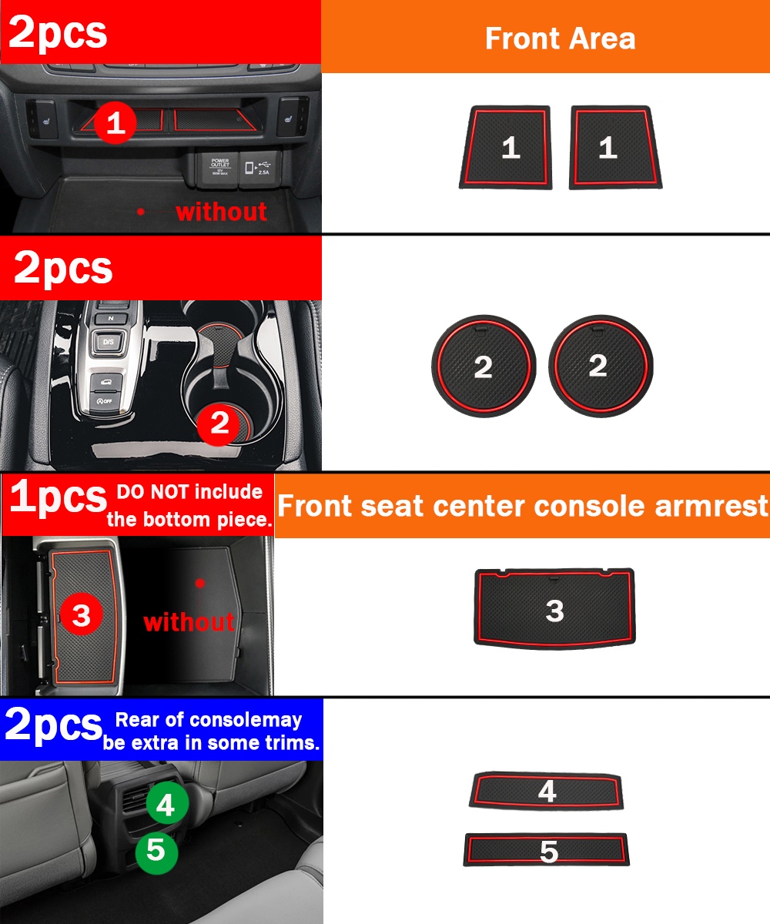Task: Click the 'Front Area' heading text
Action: pyautogui.click(x=560, y=38)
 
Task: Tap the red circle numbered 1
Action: pyautogui.click(x=115, y=122)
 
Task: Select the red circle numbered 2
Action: pyautogui.click(x=219, y=424)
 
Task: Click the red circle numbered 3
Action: pyautogui.click(x=82, y=614)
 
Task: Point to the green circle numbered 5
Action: pyautogui.click(x=156, y=851)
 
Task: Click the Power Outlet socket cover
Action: pyautogui.click(x=220, y=168)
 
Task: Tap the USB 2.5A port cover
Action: pyautogui.click(x=259, y=168)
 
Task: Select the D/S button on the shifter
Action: pyautogui.click(x=109, y=342)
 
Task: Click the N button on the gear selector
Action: pyautogui.click(x=111, y=318)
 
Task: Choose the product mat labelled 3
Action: pyautogui.click(x=554, y=608)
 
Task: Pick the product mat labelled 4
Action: pyautogui.click(x=546, y=791)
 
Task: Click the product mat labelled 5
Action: pyautogui.click(x=547, y=849)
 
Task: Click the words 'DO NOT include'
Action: pyautogui.click(x=189, y=492)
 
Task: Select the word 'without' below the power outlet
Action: pyautogui.click(x=221, y=212)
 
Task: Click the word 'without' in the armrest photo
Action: pyautogui.click(x=189, y=621)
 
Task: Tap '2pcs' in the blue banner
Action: pyautogui.click(x=53, y=726)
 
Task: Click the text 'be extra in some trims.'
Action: pyautogui.click(x=211, y=742)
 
